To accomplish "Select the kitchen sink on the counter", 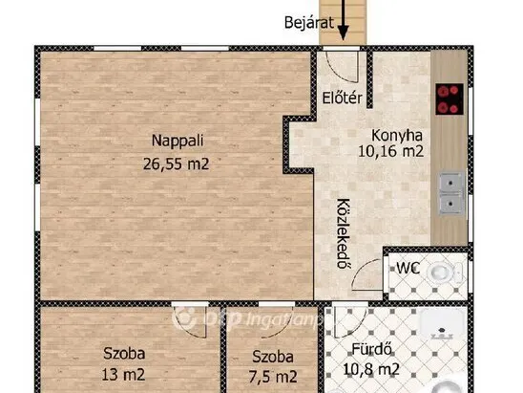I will (448, 191).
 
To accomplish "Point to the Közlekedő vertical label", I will (342, 235).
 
